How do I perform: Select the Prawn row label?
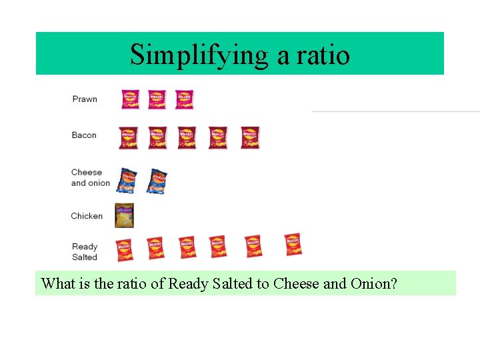[85, 99]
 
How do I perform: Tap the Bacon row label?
[84, 135]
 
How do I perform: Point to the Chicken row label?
[87, 216]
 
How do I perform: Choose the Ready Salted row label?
[85, 251]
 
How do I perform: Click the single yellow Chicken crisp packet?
[125, 215]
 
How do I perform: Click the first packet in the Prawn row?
[130, 99]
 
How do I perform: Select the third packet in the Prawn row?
[184, 99]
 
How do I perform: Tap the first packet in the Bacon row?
[128, 137]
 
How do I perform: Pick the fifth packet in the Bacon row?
[250, 137]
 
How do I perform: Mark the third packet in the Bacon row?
[187, 137]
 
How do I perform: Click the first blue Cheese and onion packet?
[126, 180]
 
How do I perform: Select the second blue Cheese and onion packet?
[157, 181]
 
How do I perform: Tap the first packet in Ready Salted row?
[124, 249]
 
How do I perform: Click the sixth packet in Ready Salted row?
[293, 245]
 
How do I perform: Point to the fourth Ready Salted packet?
[217, 246]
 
